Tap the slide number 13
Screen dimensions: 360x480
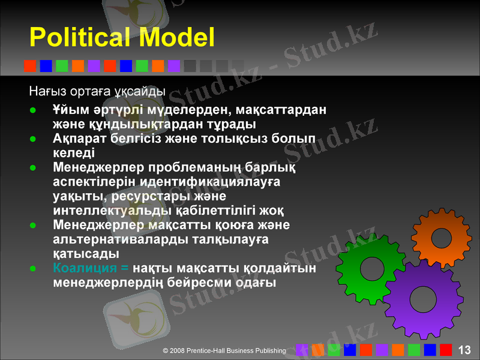464,350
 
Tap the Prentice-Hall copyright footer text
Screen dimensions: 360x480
224,350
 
